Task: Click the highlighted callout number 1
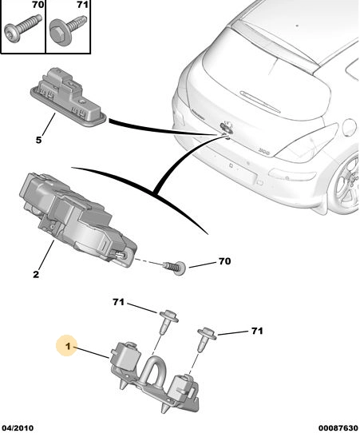click(x=68, y=346)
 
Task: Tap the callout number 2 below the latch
click(x=36, y=274)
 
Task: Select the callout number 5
click(x=38, y=140)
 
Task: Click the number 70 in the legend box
click(x=38, y=5)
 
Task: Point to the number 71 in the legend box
click(x=82, y=5)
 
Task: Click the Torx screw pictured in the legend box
click(x=23, y=29)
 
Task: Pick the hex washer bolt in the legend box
click(x=67, y=30)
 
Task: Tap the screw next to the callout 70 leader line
click(x=175, y=268)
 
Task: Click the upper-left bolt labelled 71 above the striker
click(x=168, y=321)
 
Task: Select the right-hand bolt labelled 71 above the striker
click(x=207, y=339)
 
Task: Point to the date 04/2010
click(x=18, y=428)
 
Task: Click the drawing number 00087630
click(x=338, y=428)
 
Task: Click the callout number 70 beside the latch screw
click(x=224, y=261)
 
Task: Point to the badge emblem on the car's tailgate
click(x=227, y=126)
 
